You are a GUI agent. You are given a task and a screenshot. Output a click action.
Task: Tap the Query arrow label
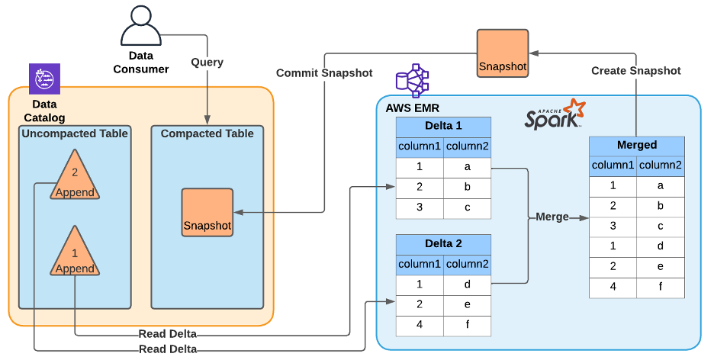coord(207,62)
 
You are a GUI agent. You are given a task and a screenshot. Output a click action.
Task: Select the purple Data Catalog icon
coord(44,79)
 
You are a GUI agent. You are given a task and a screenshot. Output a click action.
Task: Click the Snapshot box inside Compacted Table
coord(207,214)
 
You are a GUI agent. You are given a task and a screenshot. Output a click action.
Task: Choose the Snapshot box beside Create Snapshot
coord(503,54)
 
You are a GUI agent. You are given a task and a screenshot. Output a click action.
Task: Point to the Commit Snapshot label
coord(324,73)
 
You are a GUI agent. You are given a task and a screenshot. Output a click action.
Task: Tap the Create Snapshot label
coord(636,71)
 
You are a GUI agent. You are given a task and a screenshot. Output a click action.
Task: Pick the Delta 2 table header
coord(443,244)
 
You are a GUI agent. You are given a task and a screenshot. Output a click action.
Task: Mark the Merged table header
coord(637,145)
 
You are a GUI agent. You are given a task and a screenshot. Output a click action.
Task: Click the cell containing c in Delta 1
coord(468,207)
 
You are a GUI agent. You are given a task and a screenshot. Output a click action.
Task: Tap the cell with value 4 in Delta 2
coord(420,325)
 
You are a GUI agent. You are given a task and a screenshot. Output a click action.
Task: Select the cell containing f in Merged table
coord(661,288)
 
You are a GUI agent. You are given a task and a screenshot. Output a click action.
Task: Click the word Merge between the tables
coord(552,217)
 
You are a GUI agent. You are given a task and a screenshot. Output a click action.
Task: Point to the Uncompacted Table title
coord(75,133)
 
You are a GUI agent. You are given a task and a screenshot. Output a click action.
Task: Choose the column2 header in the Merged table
coord(661,165)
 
